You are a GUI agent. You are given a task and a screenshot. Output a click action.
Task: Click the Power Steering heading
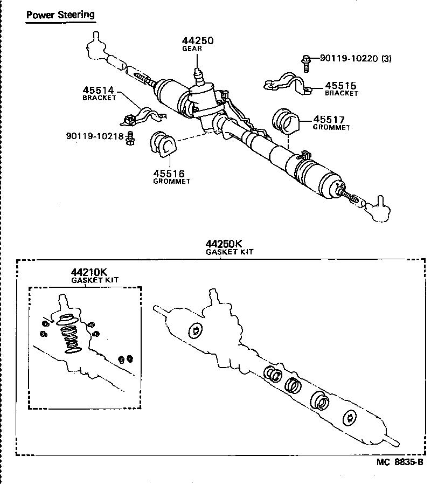[x=60, y=15]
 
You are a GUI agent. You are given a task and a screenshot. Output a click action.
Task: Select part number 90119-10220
[x=349, y=59]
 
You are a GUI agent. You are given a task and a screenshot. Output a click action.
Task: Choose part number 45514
[x=99, y=91]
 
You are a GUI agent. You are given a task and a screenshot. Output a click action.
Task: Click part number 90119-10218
[x=95, y=136]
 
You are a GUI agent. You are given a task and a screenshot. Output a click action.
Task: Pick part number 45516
[x=168, y=174]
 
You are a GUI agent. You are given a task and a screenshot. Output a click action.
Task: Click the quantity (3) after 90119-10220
[x=386, y=59]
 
